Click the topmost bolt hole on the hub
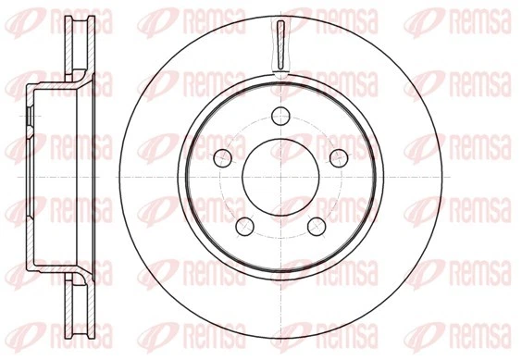(x=280, y=116)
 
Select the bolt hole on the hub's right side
(x=339, y=156)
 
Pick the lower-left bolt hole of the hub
(x=245, y=225)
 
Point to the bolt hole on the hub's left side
(x=222, y=156)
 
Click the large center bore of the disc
(x=280, y=177)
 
